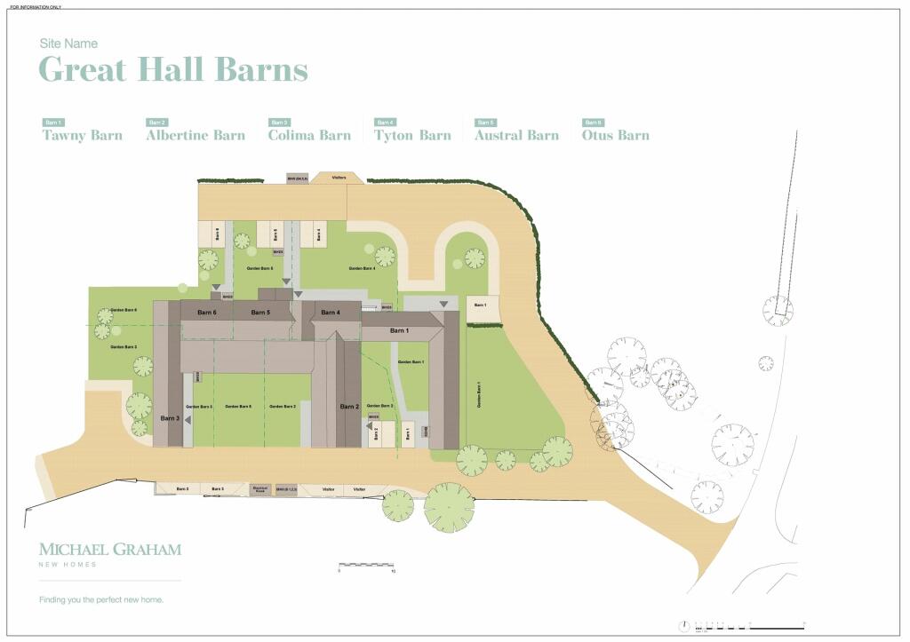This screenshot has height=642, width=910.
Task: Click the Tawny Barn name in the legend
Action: click(x=83, y=136)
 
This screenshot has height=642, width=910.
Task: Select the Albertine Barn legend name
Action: click(x=196, y=136)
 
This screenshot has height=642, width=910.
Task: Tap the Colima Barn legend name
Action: click(x=309, y=136)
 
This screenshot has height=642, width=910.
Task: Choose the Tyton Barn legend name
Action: click(x=412, y=136)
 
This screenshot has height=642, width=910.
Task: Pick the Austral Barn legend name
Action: click(x=516, y=136)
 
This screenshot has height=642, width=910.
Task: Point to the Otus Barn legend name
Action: click(x=615, y=136)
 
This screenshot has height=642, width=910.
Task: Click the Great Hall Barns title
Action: click(x=173, y=69)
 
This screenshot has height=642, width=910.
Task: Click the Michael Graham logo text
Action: click(x=109, y=550)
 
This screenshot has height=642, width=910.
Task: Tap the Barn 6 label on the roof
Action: click(x=207, y=313)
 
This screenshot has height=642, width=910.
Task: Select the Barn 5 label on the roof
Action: click(x=260, y=313)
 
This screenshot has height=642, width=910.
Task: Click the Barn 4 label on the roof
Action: click(x=330, y=313)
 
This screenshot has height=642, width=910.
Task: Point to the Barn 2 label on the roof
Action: click(x=349, y=407)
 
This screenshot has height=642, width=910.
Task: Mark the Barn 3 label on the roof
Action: click(x=170, y=417)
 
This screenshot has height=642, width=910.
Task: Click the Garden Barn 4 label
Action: click(x=362, y=268)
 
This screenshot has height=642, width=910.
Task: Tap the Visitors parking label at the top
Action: click(x=339, y=178)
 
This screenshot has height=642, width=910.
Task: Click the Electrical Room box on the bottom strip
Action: click(x=260, y=489)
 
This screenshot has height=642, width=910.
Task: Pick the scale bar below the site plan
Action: click(x=365, y=565)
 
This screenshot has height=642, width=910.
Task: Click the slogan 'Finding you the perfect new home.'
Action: click(x=101, y=600)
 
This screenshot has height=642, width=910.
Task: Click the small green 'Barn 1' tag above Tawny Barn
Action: click(x=53, y=123)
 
